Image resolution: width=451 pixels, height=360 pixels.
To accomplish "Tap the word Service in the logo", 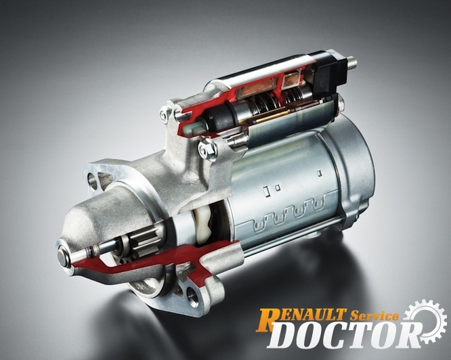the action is (x=374, y=316).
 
